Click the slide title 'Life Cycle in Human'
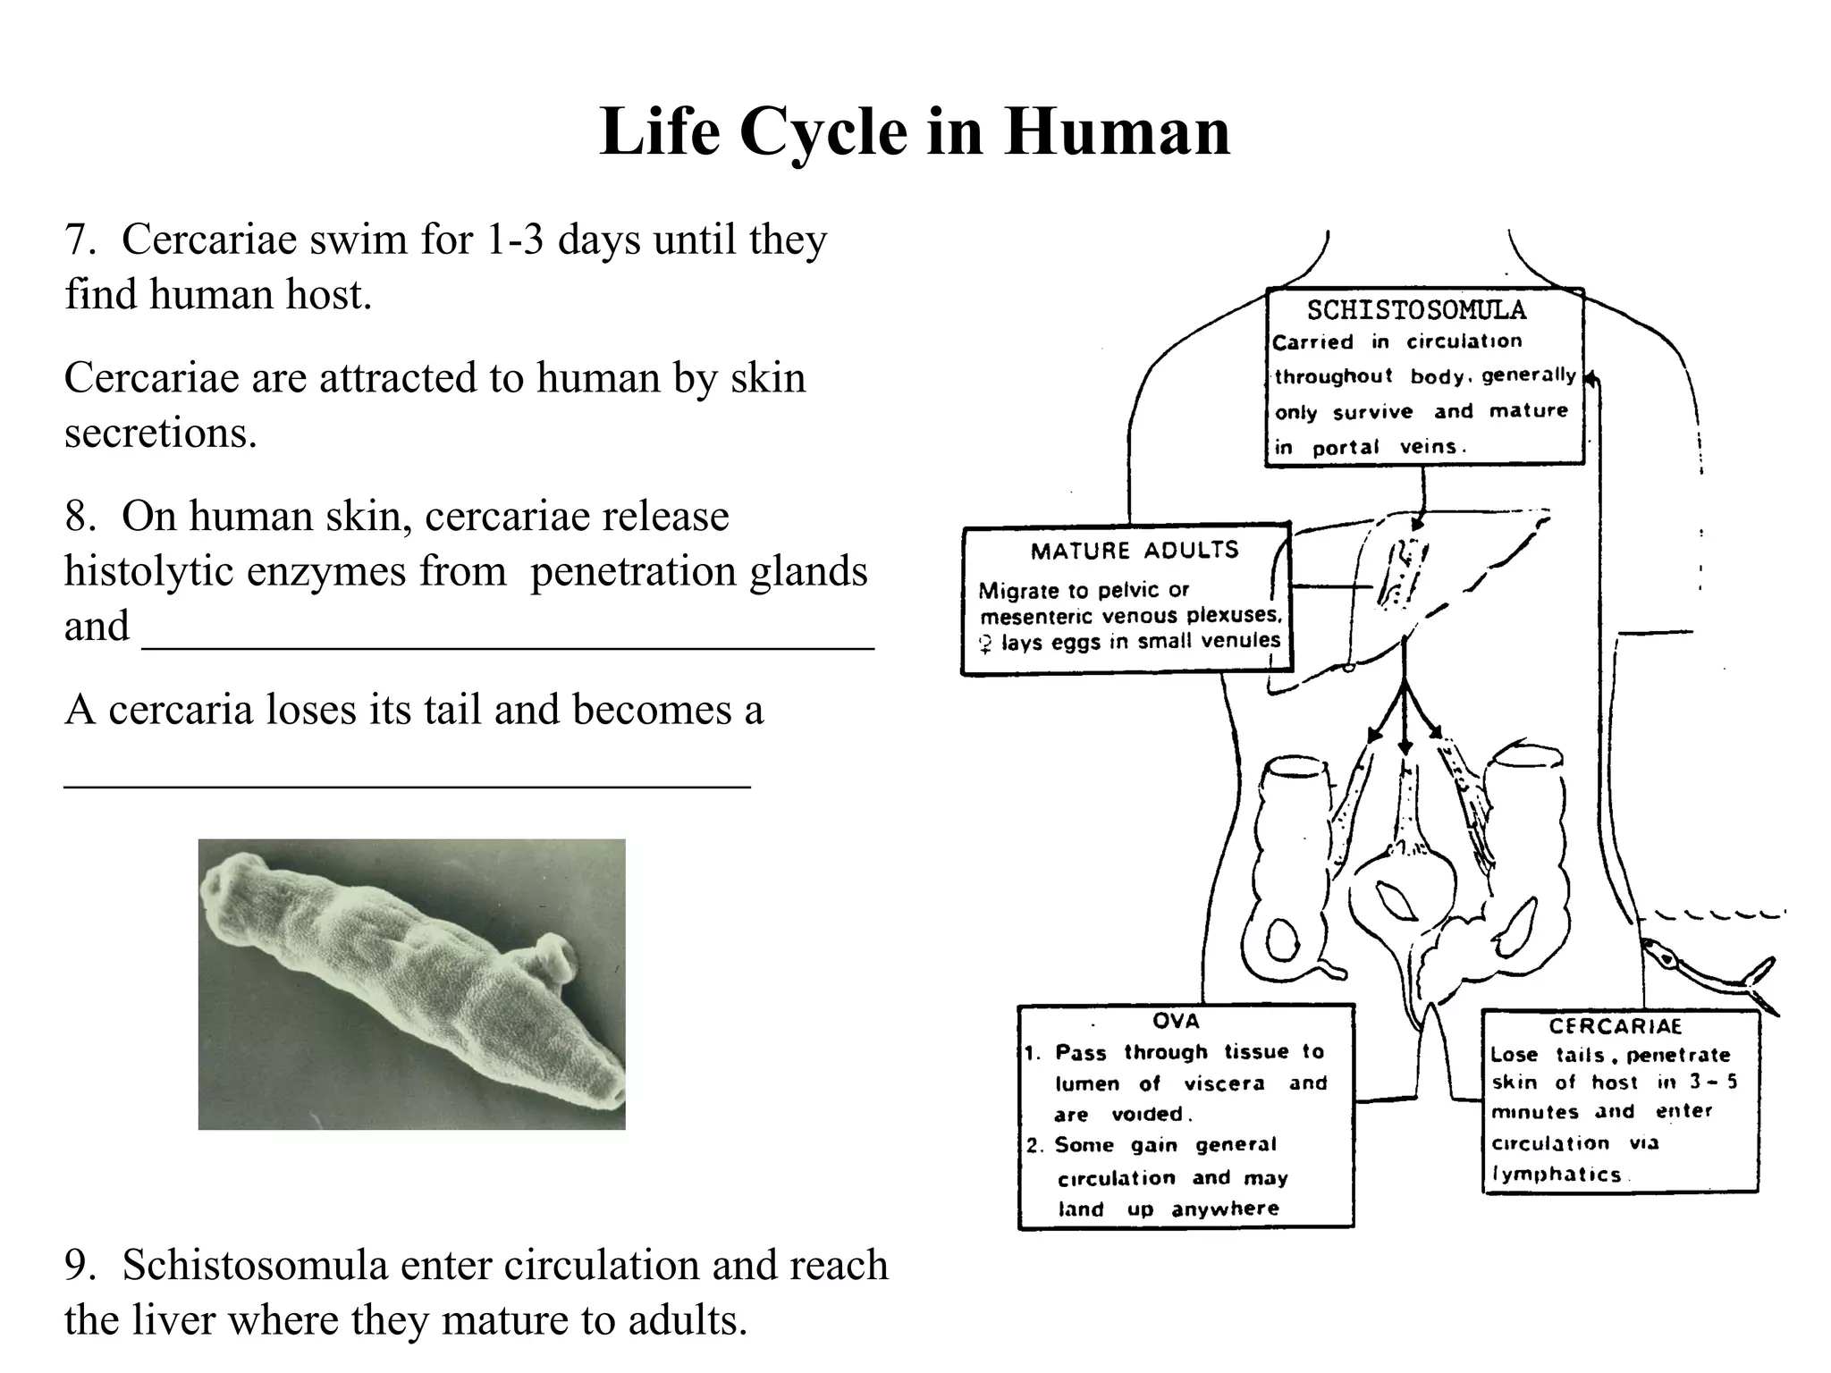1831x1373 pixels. coord(915,131)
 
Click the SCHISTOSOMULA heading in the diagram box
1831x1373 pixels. coord(1416,310)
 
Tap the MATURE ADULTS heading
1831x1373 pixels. coord(1135,550)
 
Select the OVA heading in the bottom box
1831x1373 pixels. coord(1176,1021)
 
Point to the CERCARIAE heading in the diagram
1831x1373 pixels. coord(1616,1026)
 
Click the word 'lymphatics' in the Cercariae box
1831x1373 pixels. coord(1556,1175)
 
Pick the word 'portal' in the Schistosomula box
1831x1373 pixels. coord(1346,447)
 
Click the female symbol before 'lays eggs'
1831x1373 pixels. coord(985,644)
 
